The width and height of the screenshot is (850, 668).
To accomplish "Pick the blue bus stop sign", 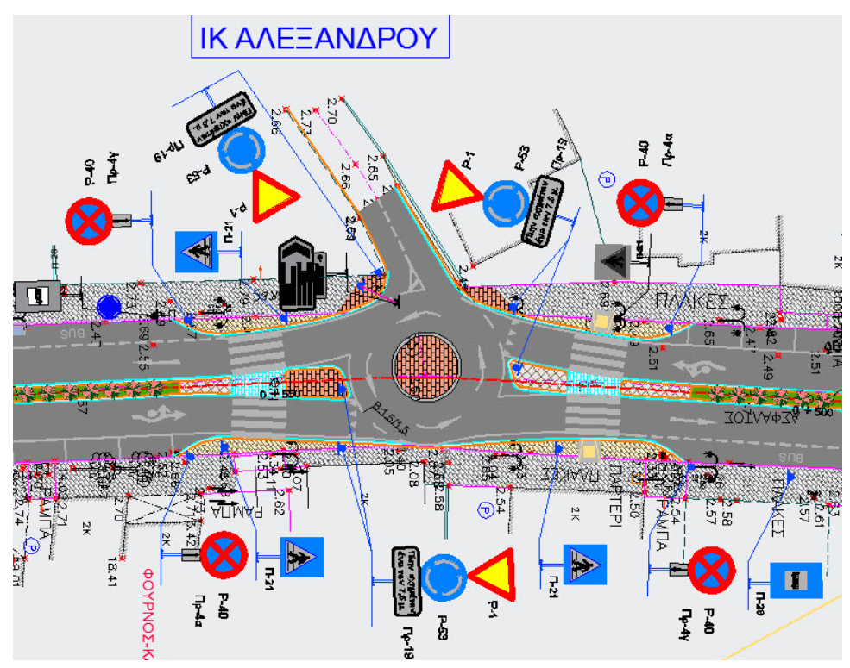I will coord(795,580).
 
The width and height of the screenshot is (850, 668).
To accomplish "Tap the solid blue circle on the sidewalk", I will coord(109,307).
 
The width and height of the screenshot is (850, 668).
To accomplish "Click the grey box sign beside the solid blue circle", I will coord(38,295).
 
